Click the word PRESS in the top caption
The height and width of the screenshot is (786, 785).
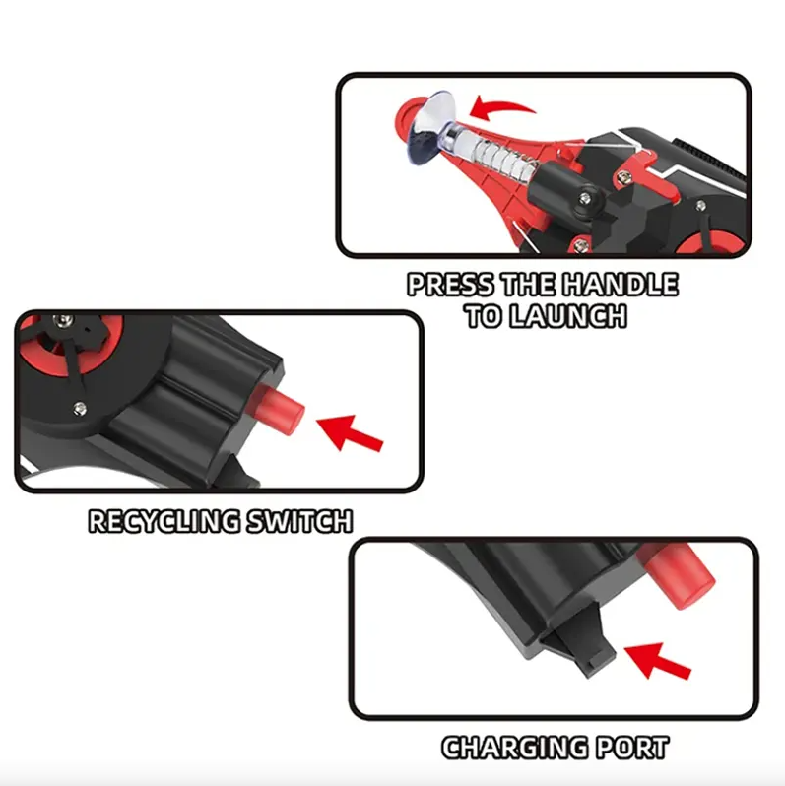click(x=450, y=285)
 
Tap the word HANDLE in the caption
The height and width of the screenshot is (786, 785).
click(x=620, y=285)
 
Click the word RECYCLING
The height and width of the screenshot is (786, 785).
click(x=164, y=521)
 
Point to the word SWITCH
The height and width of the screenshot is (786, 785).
click(x=300, y=521)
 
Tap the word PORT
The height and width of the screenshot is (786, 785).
click(x=632, y=748)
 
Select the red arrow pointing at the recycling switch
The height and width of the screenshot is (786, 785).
click(x=350, y=432)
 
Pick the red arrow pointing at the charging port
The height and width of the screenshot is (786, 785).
click(x=658, y=661)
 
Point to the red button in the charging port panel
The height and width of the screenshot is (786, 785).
click(x=678, y=575)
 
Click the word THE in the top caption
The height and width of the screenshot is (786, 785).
click(x=527, y=285)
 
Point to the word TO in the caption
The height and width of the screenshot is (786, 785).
click(x=485, y=316)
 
